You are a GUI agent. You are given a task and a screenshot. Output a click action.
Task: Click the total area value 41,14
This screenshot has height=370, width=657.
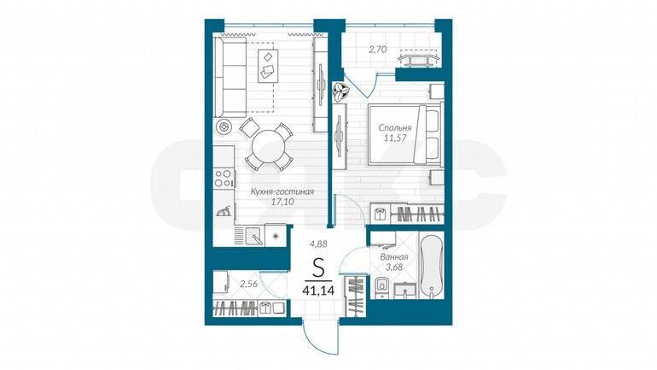(x=318, y=290)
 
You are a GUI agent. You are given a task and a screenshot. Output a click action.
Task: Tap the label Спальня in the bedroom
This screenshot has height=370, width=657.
(x=395, y=127)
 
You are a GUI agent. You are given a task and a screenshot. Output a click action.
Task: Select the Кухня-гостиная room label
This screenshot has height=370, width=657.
(x=282, y=191)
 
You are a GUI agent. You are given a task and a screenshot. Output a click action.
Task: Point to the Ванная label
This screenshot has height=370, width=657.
(x=394, y=256)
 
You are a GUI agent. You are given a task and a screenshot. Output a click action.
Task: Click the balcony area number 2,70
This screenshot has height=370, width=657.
(x=377, y=50)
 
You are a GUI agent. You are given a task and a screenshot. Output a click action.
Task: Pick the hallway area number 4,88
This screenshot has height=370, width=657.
(x=318, y=243)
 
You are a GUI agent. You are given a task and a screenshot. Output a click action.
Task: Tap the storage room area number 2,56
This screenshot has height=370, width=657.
(x=248, y=284)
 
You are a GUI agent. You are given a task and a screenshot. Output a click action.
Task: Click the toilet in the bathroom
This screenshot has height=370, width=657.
(x=381, y=288)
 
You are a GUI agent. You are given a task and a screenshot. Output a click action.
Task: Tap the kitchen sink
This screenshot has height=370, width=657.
(x=254, y=236)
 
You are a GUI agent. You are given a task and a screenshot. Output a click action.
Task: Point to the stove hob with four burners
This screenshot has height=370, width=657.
(x=223, y=178)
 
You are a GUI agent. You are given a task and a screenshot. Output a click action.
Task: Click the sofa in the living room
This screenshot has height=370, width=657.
(x=230, y=77)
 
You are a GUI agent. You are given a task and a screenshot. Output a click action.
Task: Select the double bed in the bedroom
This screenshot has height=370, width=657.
(x=404, y=134)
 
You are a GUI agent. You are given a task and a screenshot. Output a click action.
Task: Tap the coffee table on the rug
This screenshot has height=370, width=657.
(x=268, y=67)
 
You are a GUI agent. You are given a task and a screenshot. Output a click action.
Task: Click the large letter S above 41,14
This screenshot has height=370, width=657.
(x=318, y=267)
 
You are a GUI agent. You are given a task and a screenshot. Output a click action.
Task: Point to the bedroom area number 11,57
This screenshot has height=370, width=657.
(x=396, y=138)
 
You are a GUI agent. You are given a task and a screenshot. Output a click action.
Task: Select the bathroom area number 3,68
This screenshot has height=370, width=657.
(x=394, y=267)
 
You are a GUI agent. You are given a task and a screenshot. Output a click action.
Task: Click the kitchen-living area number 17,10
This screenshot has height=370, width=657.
(x=282, y=202)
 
